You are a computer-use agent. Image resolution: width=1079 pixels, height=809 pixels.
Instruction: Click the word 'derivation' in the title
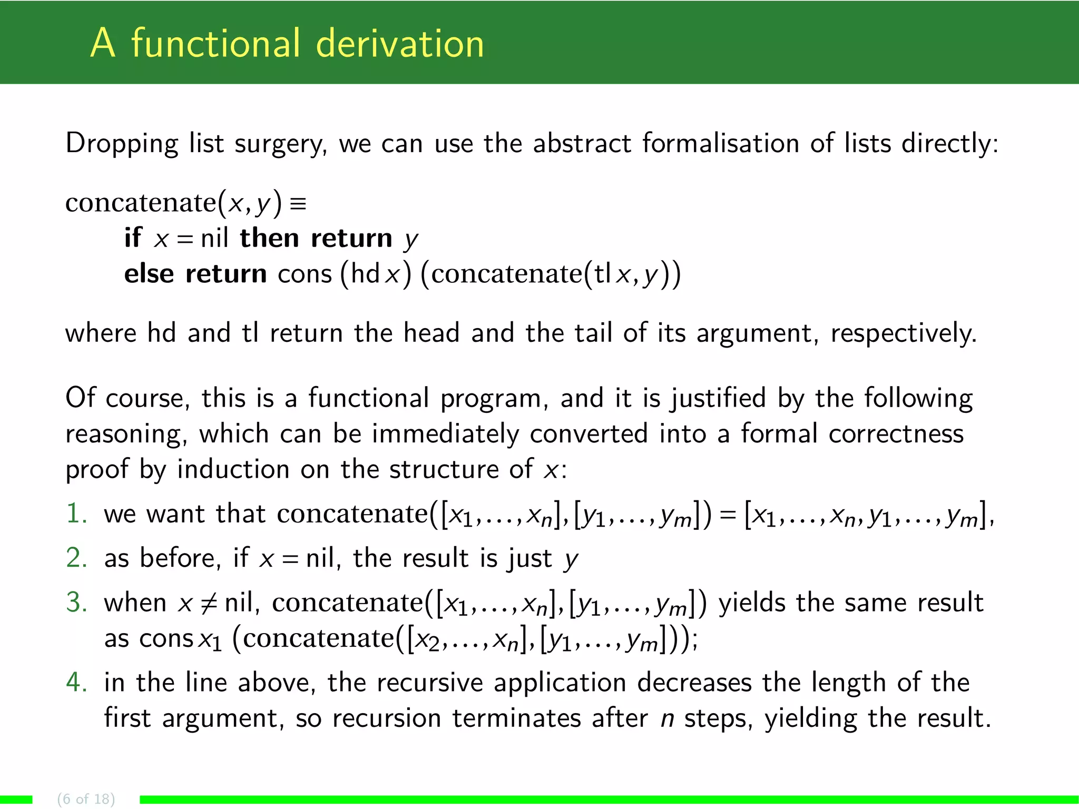(400, 43)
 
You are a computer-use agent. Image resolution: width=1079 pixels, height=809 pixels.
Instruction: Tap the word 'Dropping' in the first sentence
(122, 144)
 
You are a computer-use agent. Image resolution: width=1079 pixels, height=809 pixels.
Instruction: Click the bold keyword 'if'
(133, 238)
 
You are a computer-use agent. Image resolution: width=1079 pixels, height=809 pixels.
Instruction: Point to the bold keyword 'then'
(270, 238)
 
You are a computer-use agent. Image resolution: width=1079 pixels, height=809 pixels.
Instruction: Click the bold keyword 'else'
(149, 274)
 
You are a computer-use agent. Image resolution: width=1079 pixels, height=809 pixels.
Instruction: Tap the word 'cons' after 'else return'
(305, 274)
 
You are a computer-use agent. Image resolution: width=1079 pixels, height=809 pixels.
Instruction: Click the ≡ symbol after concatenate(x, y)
(298, 203)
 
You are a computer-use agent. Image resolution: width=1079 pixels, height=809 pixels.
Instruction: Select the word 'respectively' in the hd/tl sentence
(903, 333)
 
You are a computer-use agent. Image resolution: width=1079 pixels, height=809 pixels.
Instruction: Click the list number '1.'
(77, 514)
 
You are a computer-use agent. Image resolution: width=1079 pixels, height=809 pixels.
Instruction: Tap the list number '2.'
(77, 558)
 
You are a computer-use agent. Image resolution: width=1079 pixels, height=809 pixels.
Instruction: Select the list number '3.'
(77, 602)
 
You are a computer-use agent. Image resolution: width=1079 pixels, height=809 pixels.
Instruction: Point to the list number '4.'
(77, 682)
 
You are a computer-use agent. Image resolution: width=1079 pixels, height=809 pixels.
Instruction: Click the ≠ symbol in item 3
(209, 603)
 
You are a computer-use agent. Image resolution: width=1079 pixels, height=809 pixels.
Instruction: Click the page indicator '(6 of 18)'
(86, 799)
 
